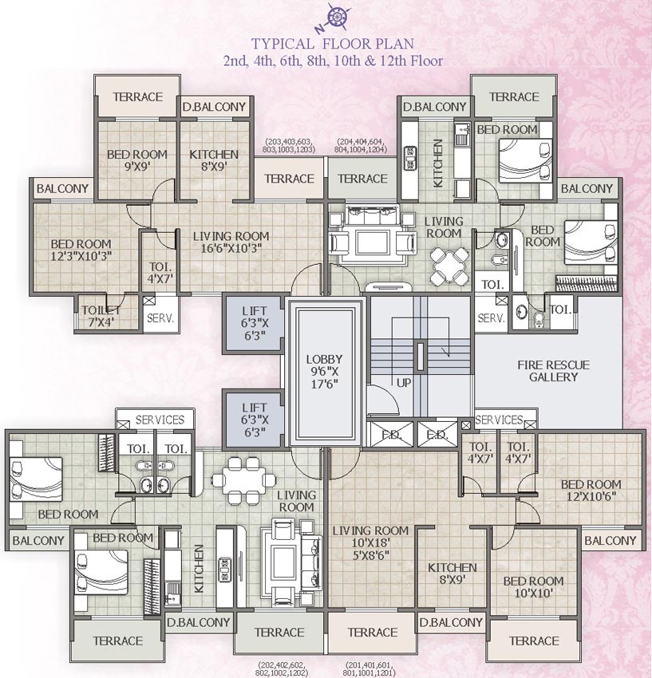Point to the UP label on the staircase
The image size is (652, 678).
[x=404, y=383]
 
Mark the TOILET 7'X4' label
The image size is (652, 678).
[x=100, y=315]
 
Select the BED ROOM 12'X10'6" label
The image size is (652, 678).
[x=590, y=490]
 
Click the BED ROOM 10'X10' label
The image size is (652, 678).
[x=533, y=587]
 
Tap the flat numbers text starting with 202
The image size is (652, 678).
[x=281, y=668]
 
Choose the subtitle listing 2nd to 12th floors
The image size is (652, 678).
[x=333, y=61]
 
